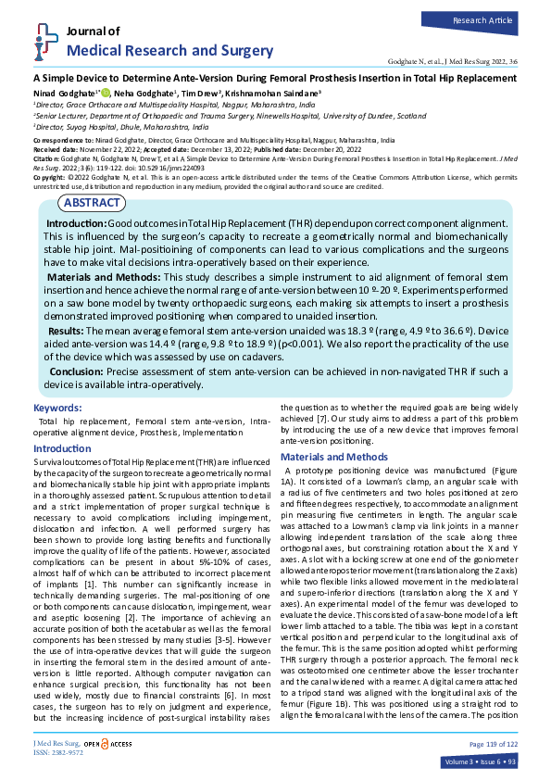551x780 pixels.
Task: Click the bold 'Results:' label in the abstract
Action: click(68, 330)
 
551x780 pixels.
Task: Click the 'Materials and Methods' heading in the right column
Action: click(333, 458)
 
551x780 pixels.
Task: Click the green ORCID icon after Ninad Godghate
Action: click(106, 94)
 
